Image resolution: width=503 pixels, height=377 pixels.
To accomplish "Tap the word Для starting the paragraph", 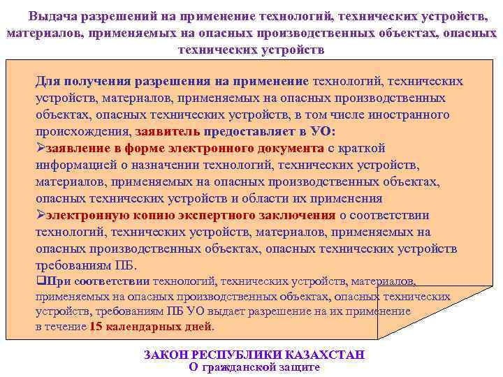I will [49, 81].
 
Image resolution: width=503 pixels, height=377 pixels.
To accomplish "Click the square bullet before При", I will [40, 282].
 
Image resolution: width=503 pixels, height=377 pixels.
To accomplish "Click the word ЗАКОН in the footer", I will [167, 355].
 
